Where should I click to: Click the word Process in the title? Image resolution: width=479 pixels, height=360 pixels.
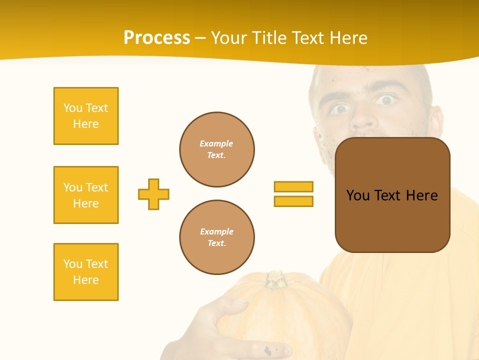(157, 38)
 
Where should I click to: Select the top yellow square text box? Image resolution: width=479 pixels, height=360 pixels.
(86, 116)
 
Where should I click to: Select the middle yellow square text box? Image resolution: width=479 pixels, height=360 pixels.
(86, 195)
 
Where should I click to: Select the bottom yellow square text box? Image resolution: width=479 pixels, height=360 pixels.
(86, 272)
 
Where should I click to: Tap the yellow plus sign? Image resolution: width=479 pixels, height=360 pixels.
(154, 194)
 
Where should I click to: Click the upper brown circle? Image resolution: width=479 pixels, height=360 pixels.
(217, 149)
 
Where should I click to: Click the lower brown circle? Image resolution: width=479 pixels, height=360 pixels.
(217, 237)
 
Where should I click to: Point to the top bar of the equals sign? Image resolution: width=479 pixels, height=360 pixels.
(293, 186)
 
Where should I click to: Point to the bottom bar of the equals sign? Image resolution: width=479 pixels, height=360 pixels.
(293, 201)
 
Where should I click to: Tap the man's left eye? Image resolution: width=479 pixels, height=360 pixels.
(385, 100)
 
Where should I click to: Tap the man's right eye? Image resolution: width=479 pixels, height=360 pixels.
(341, 108)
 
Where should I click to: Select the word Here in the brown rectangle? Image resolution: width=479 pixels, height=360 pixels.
(422, 195)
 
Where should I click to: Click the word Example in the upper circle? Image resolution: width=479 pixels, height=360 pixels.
(216, 143)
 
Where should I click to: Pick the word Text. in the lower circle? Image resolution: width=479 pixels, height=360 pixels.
(217, 243)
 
